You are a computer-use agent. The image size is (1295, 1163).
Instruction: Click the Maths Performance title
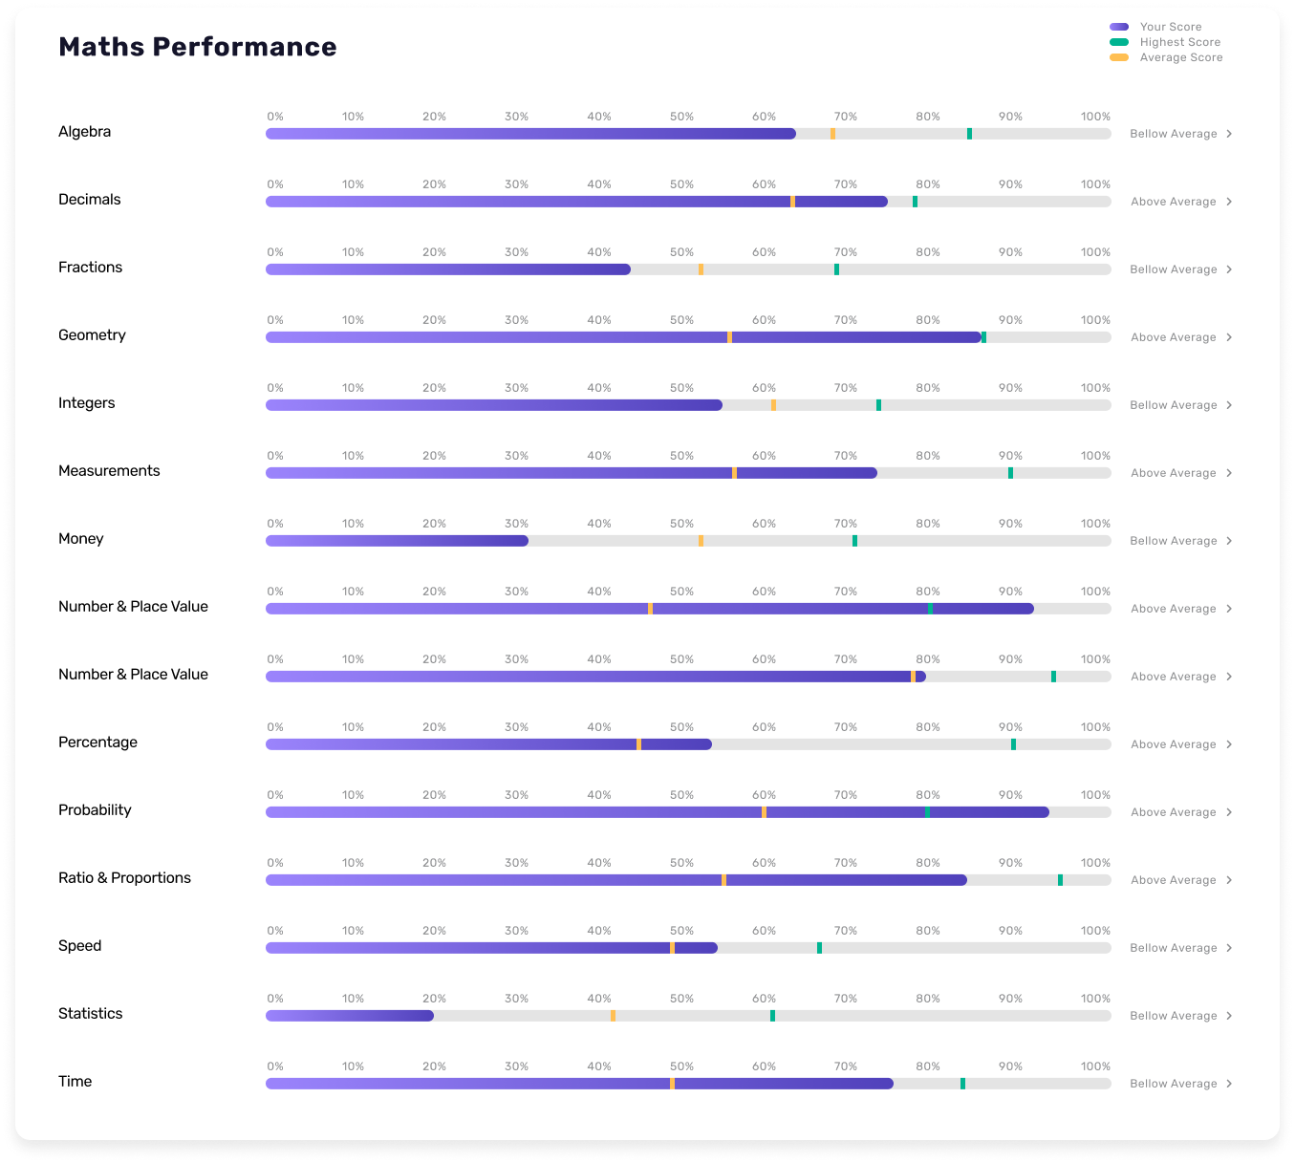click(197, 47)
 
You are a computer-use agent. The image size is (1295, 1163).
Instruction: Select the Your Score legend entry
click(1170, 27)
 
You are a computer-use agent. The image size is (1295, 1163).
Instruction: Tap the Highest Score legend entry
click(1179, 42)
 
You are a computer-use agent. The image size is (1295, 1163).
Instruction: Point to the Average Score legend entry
click(1180, 57)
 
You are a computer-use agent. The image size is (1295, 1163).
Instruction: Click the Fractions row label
click(90, 268)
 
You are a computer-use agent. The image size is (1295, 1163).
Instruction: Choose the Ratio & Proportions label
click(124, 878)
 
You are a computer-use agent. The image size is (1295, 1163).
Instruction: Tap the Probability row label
click(95, 810)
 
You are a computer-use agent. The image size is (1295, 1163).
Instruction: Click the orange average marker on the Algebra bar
click(832, 134)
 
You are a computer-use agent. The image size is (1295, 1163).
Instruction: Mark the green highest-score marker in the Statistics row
click(772, 1016)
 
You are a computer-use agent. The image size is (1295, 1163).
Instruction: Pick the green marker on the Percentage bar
click(1013, 744)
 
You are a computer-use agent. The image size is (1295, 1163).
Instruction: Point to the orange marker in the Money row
click(701, 541)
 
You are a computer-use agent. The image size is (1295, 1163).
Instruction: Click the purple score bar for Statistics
click(349, 1016)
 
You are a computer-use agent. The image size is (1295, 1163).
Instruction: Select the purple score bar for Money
click(397, 541)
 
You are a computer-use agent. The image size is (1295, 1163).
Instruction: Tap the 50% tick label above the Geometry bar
click(681, 320)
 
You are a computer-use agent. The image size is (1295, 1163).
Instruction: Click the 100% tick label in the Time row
click(1095, 1066)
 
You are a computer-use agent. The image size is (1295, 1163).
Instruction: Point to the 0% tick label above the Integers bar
click(275, 388)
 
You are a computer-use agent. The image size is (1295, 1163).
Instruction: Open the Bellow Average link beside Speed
click(1173, 948)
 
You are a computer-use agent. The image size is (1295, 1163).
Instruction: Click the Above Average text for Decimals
click(1173, 202)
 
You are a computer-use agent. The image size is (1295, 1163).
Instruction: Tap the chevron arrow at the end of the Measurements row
click(1229, 473)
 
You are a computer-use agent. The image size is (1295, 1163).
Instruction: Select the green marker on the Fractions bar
click(836, 269)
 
